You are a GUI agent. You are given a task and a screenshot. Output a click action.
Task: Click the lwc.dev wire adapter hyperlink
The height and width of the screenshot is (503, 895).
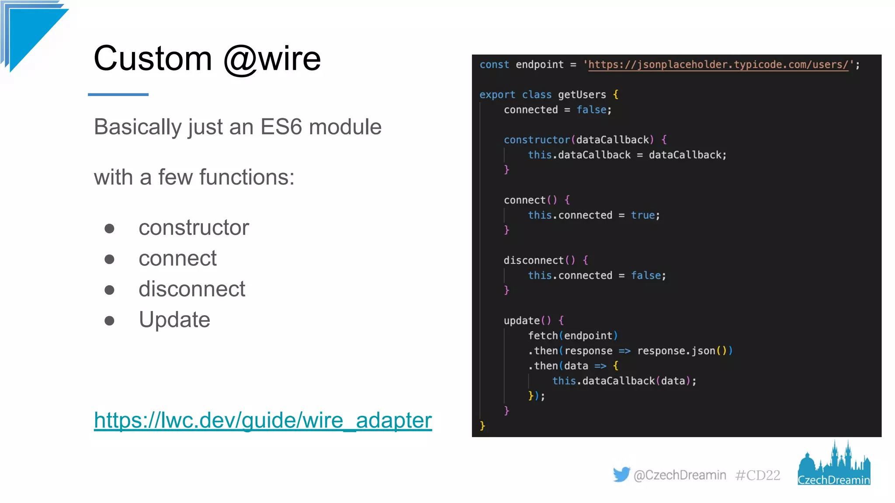coord(263,420)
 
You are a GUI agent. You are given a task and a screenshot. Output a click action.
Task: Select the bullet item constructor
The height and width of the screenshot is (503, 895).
coord(194,227)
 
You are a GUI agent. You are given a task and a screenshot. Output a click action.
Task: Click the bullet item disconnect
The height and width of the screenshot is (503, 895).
coord(192,289)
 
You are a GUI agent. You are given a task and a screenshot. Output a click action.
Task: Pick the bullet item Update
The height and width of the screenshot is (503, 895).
coord(174,320)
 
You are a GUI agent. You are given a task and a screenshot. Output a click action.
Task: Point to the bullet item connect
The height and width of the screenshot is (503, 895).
coord(177,258)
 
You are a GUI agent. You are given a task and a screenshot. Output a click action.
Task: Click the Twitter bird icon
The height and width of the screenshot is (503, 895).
coord(621,475)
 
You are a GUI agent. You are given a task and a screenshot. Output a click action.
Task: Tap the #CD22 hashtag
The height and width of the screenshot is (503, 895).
coord(757,475)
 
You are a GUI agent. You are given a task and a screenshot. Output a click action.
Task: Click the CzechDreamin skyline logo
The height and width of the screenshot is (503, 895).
coord(834,464)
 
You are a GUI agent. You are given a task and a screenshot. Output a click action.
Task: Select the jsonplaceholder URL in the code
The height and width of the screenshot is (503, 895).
coord(718,65)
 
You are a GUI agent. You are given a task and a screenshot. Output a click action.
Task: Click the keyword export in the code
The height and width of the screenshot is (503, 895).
coord(497,95)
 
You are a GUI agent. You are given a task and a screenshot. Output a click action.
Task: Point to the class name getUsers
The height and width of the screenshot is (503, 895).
coord(582,95)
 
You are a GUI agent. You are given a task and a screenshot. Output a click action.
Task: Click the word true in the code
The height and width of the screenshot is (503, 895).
coord(642,215)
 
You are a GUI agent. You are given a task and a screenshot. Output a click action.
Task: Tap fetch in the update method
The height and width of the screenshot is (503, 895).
coord(543,336)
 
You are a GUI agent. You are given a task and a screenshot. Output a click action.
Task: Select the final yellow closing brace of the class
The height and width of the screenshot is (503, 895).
coord(482,426)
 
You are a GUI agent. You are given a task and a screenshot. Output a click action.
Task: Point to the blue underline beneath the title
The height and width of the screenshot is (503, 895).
coord(118,94)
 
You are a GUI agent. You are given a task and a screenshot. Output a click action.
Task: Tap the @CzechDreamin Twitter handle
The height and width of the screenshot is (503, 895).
coord(680,475)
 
